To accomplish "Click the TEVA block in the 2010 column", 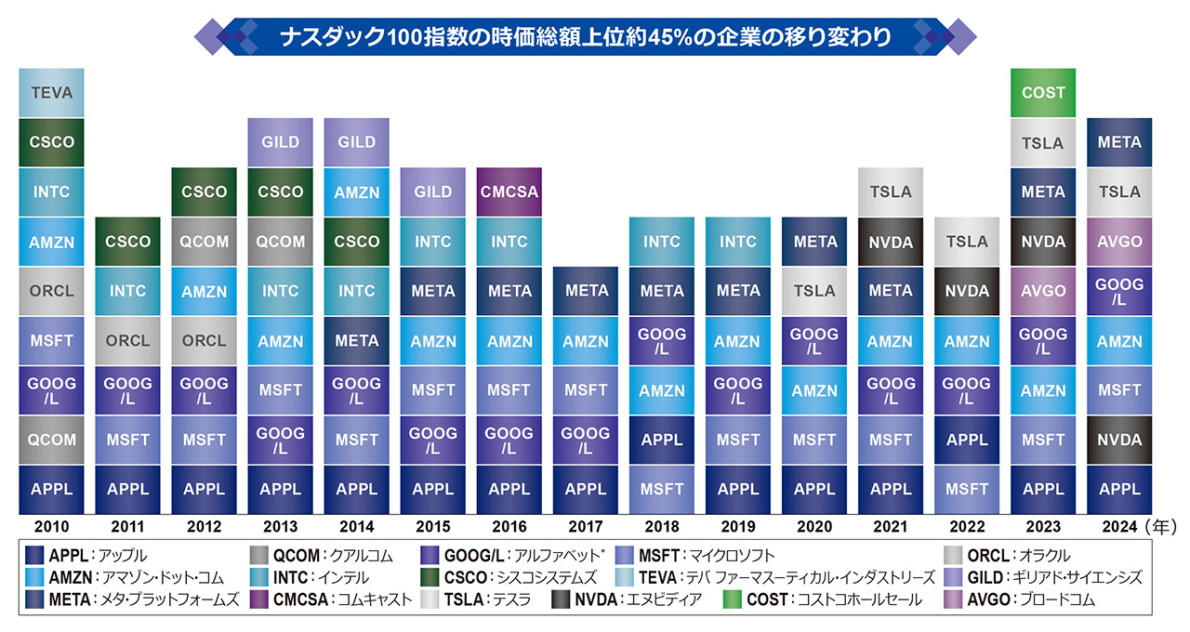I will (x=52, y=93).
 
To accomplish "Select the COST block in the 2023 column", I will (x=1043, y=93).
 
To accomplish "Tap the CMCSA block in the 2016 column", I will (x=509, y=191).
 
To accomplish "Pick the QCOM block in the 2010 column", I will (x=52, y=440).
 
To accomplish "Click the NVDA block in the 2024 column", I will (x=1119, y=440).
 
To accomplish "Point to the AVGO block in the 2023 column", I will (x=1043, y=291).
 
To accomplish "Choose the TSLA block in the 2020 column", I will (x=814, y=291).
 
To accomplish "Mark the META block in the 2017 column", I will (x=586, y=291).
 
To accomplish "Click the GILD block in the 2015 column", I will (x=433, y=191).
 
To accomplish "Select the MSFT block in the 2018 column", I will (x=662, y=489).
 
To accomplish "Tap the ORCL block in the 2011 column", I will (x=128, y=340).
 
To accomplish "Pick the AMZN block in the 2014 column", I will (x=357, y=191).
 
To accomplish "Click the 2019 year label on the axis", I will (x=738, y=527).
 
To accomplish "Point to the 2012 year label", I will (x=205, y=527).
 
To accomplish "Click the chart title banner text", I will (x=586, y=38).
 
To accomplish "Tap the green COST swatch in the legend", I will (x=734, y=599).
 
